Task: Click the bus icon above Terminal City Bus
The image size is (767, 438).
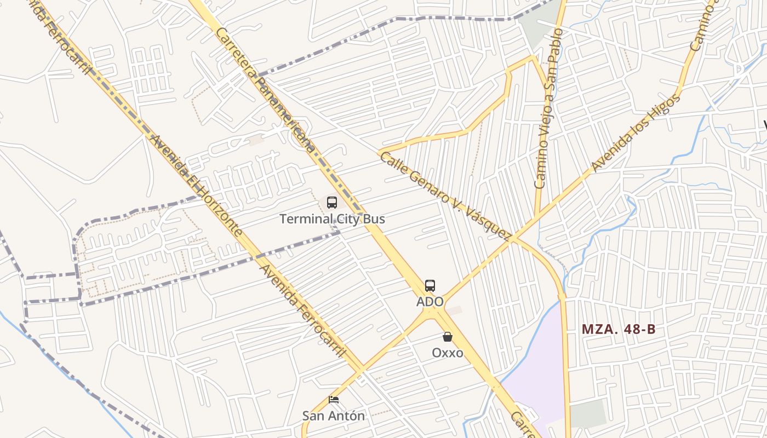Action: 332,203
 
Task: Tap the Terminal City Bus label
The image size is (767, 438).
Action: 332,219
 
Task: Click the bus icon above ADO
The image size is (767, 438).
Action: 430,285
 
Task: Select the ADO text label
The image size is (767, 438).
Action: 430,302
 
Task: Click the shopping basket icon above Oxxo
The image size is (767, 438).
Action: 448,337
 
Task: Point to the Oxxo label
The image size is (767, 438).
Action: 448,353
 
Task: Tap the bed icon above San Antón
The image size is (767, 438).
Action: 334,400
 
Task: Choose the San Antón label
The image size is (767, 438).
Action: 334,416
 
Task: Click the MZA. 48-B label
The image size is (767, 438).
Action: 619,330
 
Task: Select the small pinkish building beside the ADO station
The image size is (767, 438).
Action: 454,310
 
